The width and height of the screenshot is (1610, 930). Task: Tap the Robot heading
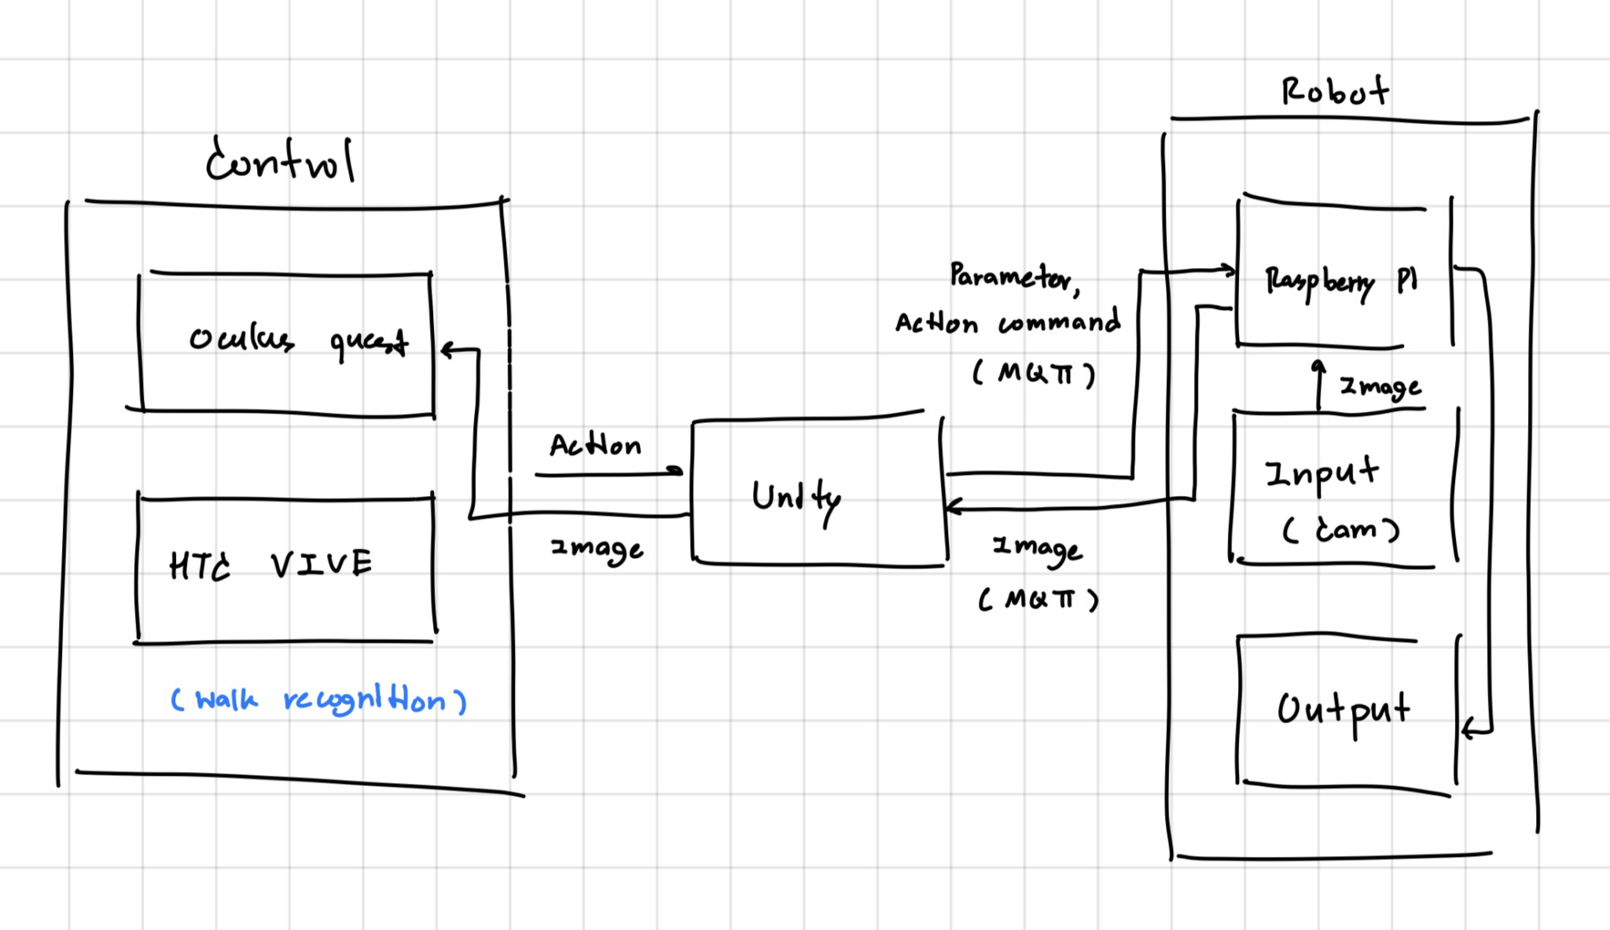point(1335,91)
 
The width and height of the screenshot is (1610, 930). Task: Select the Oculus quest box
point(287,342)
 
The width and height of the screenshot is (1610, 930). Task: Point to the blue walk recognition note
point(318,699)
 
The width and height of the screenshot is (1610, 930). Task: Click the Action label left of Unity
point(595,445)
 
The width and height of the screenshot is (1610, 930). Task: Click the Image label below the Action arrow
point(597,548)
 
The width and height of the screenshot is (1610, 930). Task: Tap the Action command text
point(1008,322)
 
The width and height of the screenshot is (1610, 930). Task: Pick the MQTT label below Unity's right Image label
point(1038,600)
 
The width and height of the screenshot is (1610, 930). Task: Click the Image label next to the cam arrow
point(1380,387)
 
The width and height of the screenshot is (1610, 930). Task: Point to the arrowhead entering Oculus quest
point(447,350)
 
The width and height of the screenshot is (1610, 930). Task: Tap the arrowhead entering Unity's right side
point(954,507)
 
